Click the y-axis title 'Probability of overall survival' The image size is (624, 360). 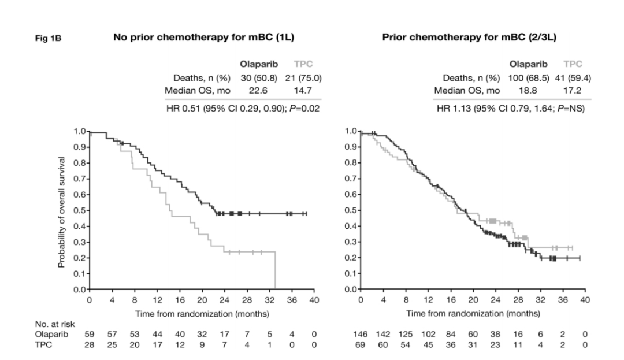[60, 211]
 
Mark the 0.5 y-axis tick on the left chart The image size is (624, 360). [80, 211]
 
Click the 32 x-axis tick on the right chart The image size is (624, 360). [540, 300]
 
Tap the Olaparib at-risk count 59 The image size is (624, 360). [90, 334]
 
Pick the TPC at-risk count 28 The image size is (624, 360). [90, 344]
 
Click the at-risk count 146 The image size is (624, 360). [361, 334]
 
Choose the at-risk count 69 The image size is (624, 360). [361, 344]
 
